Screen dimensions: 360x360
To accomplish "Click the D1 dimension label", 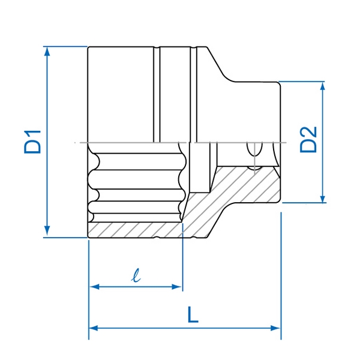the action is click(32, 142).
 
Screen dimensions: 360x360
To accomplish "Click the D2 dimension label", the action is click(308, 140).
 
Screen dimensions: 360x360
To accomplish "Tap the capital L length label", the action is click(193, 314).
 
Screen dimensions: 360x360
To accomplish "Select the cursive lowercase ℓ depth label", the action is click(136, 275).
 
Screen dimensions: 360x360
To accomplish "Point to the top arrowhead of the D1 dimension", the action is click(47, 52).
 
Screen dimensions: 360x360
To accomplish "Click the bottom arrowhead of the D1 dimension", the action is click(47, 231).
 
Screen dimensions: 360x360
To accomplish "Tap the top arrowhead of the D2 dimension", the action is click(323, 87).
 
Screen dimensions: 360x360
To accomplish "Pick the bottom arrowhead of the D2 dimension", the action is click(323, 198).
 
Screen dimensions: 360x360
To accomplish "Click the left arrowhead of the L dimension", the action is click(94, 328).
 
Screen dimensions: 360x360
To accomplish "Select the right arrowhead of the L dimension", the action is click(275, 328).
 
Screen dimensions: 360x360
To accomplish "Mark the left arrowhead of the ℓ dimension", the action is click(95, 287).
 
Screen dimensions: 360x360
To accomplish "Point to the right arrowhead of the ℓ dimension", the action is click(177, 287).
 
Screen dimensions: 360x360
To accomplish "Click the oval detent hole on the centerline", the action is click(254, 149).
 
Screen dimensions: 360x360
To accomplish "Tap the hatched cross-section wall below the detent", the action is click(248, 184).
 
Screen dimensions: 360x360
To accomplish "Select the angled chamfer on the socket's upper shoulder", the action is click(219, 64).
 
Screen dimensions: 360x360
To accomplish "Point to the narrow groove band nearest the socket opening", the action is click(157, 94).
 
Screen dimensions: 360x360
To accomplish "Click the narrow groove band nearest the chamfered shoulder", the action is click(194, 94).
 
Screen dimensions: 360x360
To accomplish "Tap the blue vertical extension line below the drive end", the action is click(281, 276).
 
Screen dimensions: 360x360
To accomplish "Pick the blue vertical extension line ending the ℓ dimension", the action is click(182, 257).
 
